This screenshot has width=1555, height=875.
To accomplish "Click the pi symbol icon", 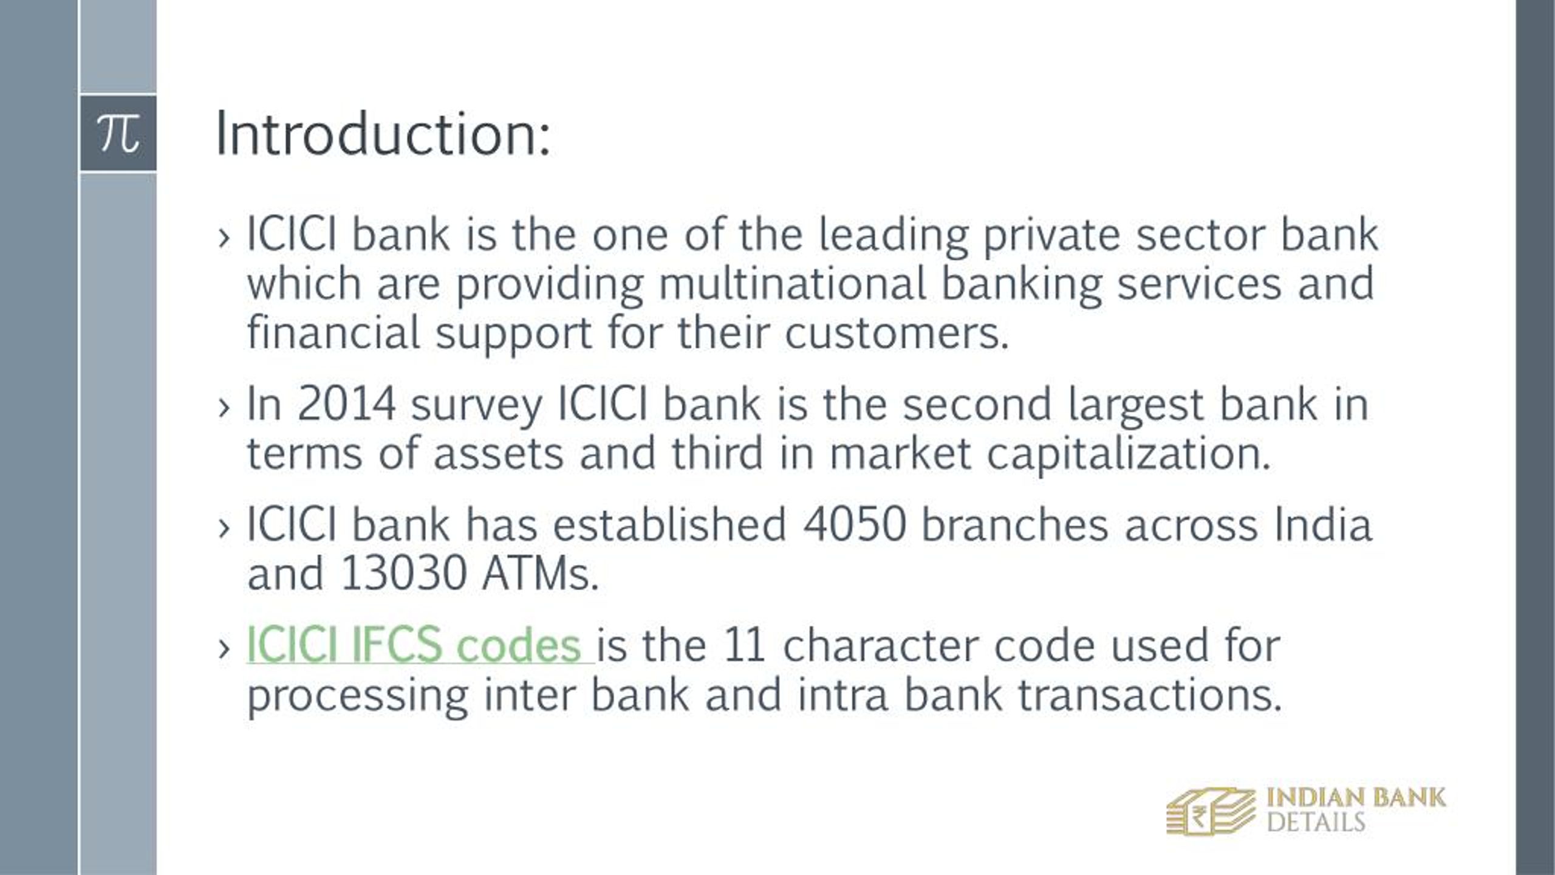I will (x=118, y=133).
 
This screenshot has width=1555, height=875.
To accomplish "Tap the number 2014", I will (x=346, y=405).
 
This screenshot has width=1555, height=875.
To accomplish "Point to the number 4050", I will (x=855, y=525).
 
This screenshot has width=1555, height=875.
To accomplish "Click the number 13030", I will (x=403, y=574).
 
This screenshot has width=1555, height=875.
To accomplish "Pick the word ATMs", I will (x=539, y=574).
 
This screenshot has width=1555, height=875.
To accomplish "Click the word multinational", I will (x=792, y=284).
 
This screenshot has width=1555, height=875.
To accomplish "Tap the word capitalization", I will (x=1129, y=455).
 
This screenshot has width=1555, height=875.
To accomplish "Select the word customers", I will (x=897, y=334).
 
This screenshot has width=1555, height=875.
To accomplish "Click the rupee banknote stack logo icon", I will (x=1210, y=811).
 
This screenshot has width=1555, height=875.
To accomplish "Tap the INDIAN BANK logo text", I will (x=1356, y=798).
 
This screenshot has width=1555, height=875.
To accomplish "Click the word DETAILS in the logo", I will (x=1316, y=823).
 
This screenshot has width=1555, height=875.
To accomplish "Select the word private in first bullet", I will (x=1051, y=236).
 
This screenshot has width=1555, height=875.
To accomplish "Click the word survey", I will (x=476, y=406).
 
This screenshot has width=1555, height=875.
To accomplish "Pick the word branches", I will (x=1014, y=525).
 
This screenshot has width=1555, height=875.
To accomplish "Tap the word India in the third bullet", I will (x=1323, y=525).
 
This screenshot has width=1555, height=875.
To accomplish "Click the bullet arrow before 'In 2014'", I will (x=224, y=407).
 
